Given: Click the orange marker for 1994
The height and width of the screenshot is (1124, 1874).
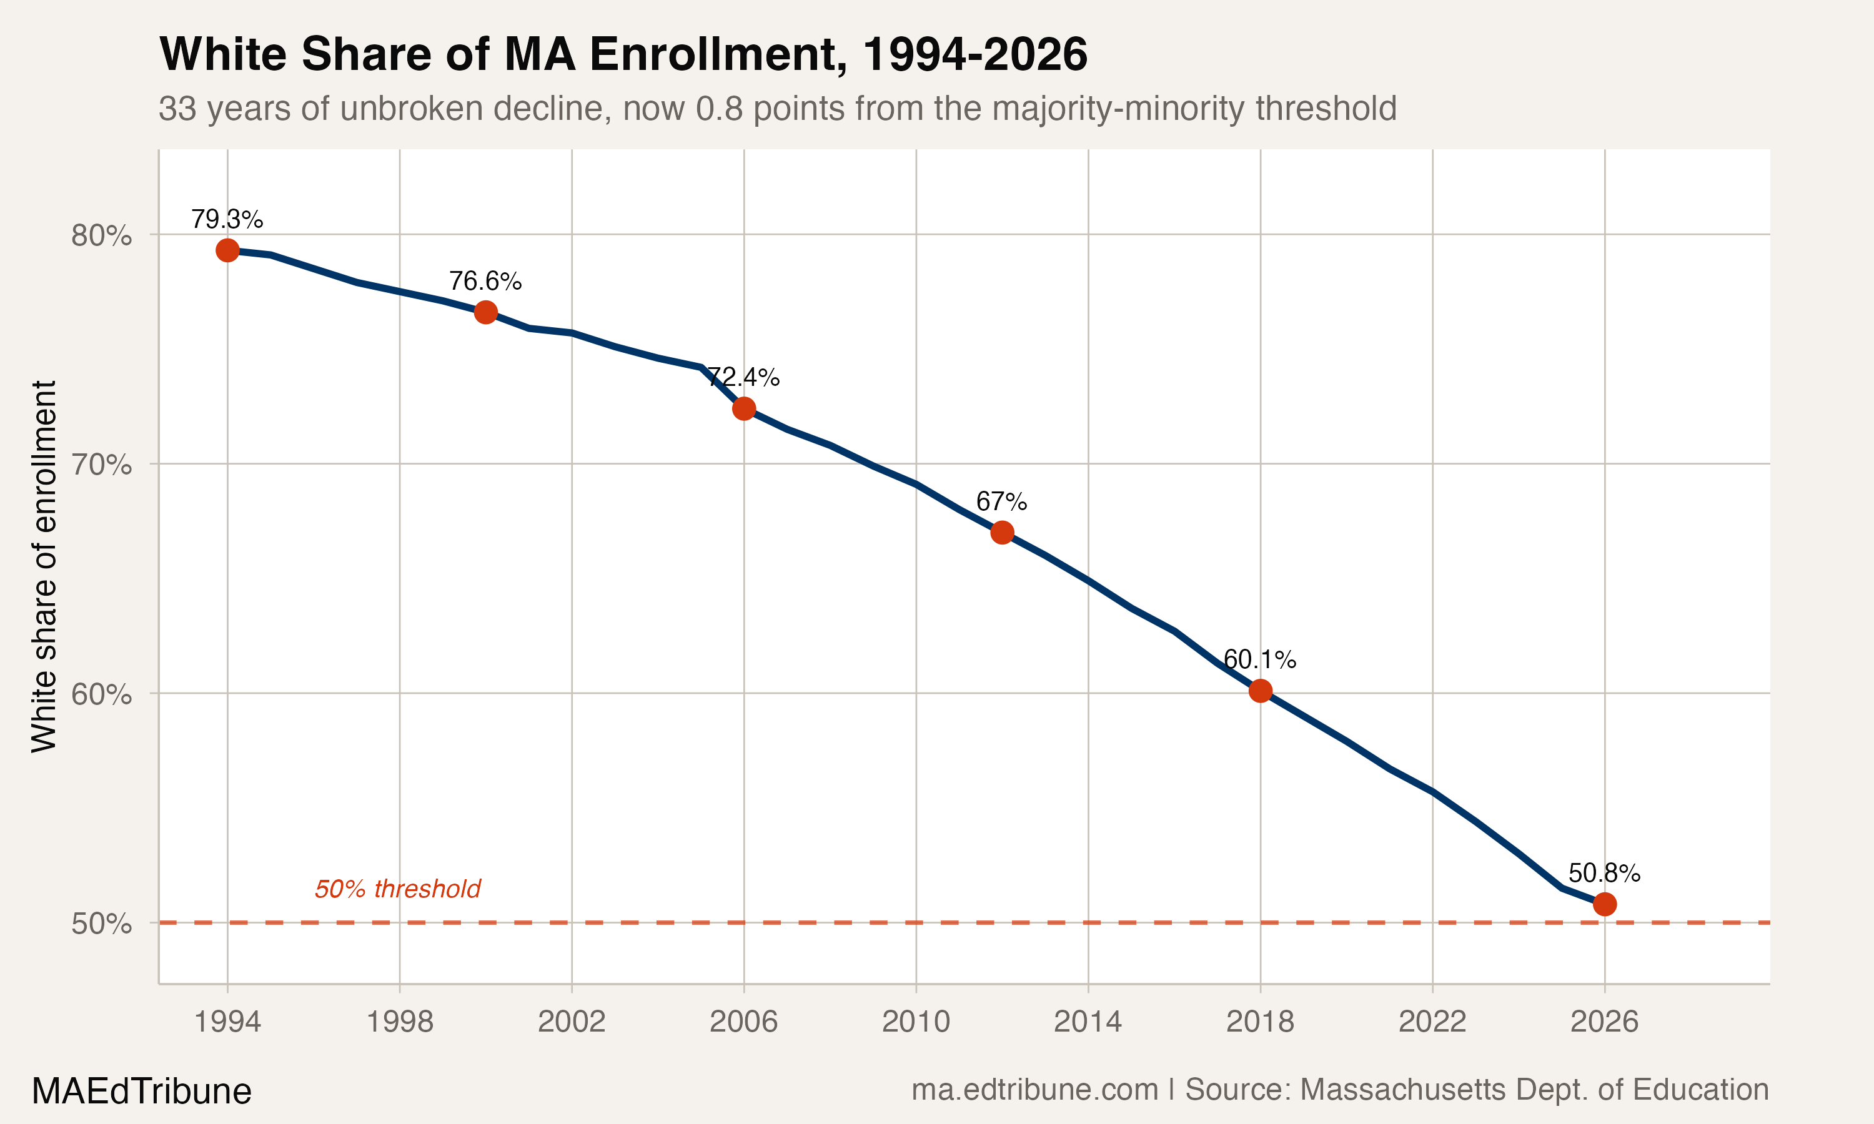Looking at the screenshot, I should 227,250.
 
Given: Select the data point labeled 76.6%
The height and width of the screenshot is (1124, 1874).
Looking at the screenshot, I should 485,312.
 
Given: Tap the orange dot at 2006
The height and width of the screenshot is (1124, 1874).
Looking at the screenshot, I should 744,408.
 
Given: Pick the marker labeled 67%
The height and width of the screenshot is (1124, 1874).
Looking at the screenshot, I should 1002,533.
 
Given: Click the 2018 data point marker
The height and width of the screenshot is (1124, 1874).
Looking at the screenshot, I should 1261,690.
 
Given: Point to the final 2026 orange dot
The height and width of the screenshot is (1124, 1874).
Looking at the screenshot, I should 1604,904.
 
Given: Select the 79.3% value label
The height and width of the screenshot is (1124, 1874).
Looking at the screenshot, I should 227,220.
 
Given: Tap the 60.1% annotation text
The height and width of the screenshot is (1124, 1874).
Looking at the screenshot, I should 1260,659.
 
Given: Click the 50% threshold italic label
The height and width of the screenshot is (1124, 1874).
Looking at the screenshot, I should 398,889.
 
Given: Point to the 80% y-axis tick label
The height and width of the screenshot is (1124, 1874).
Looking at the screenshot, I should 101,235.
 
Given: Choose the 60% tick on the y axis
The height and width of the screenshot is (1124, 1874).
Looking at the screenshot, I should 101,694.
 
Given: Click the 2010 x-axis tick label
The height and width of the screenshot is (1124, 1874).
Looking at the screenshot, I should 916,1022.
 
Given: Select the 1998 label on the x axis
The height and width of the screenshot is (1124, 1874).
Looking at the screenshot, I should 399,1022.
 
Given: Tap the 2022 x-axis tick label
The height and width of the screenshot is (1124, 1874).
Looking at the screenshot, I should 1432,1022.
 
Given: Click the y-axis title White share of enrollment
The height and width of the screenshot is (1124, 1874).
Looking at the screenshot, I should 44,566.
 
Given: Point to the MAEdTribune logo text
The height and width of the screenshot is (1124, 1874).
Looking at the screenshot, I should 142,1092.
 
